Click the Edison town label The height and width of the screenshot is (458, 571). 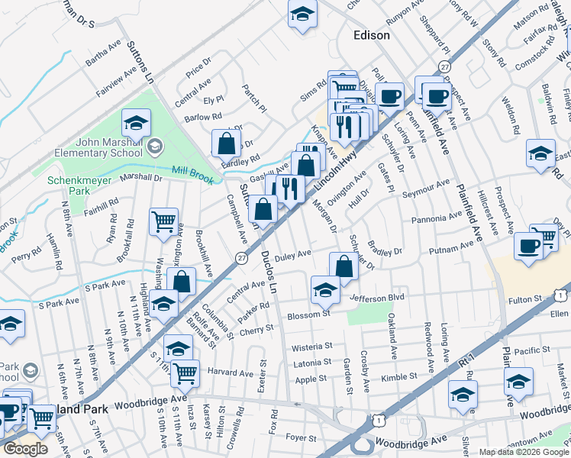[x=372, y=35]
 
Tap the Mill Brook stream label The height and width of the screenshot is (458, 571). [x=189, y=171]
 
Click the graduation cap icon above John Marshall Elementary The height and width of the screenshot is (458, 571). [x=137, y=123]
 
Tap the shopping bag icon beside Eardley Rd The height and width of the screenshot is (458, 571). [x=227, y=143]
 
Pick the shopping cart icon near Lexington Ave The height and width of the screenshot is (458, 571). [x=164, y=222]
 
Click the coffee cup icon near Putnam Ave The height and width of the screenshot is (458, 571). [x=528, y=246]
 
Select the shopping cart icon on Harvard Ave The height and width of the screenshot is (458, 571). [x=185, y=373]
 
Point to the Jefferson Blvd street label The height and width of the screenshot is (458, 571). [x=376, y=296]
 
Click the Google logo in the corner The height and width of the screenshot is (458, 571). [x=26, y=449]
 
